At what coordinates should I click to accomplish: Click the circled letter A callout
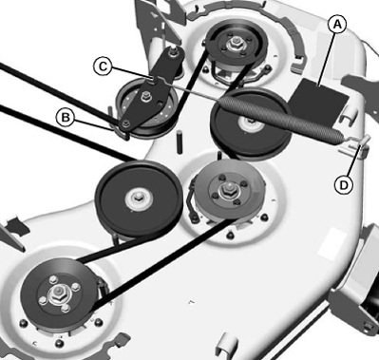337,25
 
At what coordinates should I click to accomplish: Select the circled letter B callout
66,118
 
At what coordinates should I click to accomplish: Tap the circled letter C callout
103,66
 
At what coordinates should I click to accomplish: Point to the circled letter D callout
344,185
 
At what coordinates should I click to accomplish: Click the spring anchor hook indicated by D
354,144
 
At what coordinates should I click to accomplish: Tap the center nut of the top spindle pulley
236,42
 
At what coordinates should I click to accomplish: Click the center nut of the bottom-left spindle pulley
59,290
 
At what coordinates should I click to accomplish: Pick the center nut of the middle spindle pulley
227,190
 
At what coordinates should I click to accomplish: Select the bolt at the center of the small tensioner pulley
146,95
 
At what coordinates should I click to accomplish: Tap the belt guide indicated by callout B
121,131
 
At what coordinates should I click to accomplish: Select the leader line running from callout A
328,59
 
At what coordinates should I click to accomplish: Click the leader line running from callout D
353,161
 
